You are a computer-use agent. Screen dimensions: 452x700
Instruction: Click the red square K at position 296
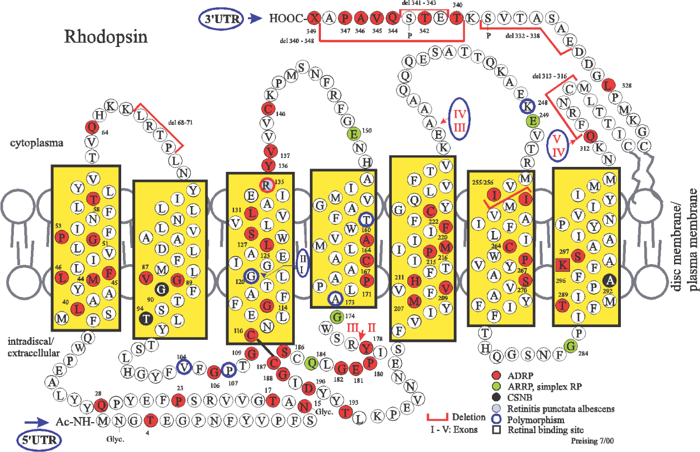pyautogui.click(x=563, y=265)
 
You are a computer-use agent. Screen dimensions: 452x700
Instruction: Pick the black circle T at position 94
pyautogui.click(x=146, y=318)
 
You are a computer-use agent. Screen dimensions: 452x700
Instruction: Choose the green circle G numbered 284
pyautogui.click(x=572, y=346)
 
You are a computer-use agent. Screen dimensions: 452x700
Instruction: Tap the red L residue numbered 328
pyautogui.click(x=608, y=85)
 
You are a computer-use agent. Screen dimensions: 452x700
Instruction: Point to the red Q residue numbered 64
pyautogui.click(x=91, y=127)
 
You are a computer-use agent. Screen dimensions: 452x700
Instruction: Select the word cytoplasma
pyautogui.click(x=36, y=143)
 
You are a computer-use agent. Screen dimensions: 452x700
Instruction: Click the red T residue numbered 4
pyautogui.click(x=149, y=421)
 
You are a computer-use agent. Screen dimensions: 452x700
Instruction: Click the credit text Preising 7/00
pyautogui.click(x=593, y=442)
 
